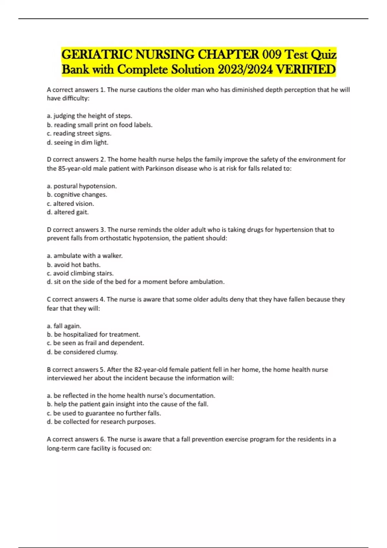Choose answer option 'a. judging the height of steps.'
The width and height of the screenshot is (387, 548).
pyautogui.click(x=90, y=116)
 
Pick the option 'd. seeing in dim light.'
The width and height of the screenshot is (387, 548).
pyautogui.click(x=78, y=142)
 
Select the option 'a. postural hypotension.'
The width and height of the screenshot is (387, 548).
pyautogui.click(x=82, y=186)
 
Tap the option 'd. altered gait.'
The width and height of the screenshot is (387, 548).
pyautogui.click(x=68, y=212)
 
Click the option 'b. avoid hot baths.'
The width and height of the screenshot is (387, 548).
pyautogui.click(x=74, y=265)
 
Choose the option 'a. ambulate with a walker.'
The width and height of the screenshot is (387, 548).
pyautogui.click(x=85, y=256)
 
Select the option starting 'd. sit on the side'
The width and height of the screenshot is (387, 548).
pyautogui.click(x=136, y=282)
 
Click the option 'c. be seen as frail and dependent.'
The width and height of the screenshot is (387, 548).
pyautogui.click(x=95, y=343)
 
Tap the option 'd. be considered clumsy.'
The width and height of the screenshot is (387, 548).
pyautogui.click(x=82, y=352)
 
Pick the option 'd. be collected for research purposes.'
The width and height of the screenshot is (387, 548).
pyautogui.click(x=101, y=422)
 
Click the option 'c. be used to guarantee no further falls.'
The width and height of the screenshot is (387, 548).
pyautogui.click(x=104, y=413)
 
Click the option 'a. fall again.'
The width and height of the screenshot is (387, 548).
pyautogui.click(x=64, y=326)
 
